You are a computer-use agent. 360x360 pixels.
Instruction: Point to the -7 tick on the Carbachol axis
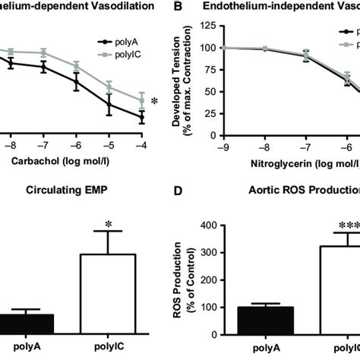coord(45,142)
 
